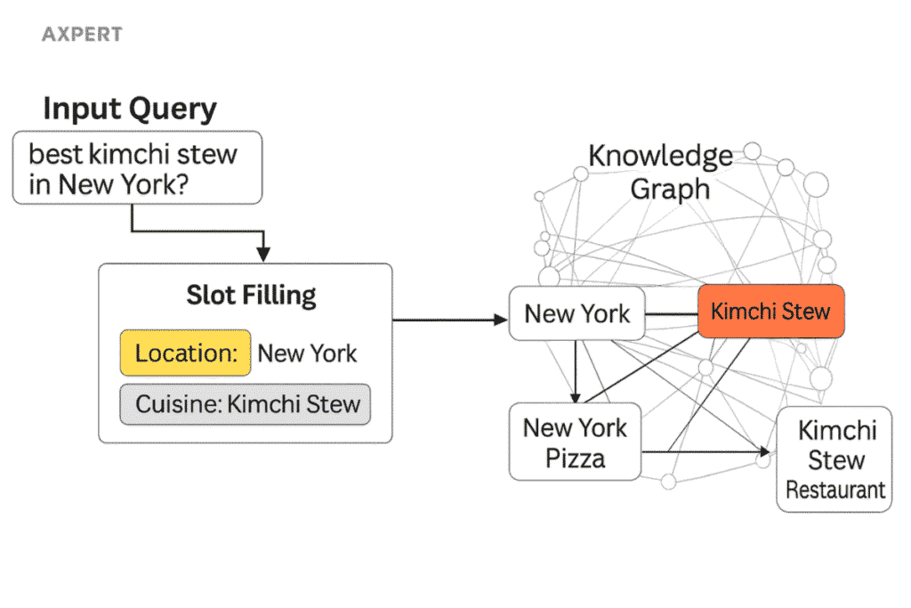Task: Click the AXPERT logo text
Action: coord(82,35)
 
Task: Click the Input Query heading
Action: coord(130,109)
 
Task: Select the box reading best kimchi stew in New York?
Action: coord(136,168)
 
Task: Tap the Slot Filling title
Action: coord(251,295)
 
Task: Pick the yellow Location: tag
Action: coord(186,353)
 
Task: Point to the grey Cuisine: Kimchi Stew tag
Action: coord(246,404)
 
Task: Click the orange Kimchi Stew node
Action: coord(770,312)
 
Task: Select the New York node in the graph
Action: coord(576,313)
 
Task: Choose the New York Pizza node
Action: coord(575,442)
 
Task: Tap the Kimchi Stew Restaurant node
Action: coord(834,459)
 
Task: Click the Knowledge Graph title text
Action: coord(660,172)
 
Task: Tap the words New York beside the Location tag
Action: coord(307,353)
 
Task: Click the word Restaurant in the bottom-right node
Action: coord(835,490)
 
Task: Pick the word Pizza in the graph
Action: coord(575,458)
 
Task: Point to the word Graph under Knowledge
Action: coord(670,189)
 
